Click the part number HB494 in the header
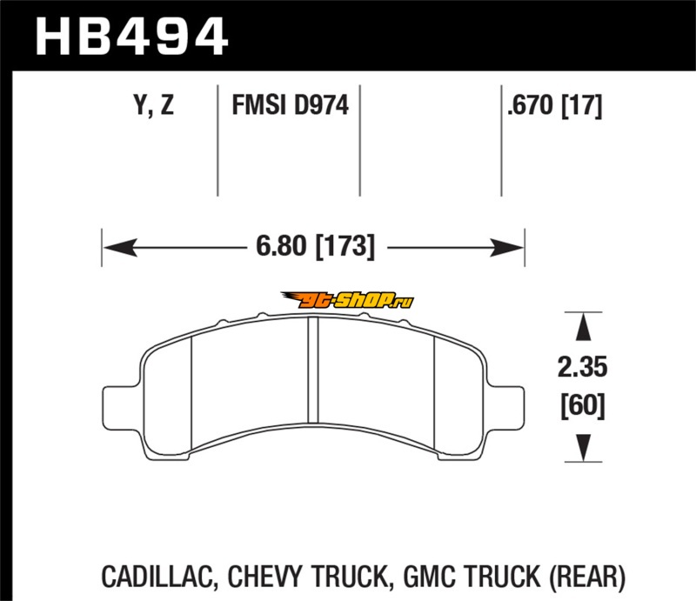(132, 37)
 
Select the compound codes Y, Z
(154, 105)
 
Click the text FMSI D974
(291, 105)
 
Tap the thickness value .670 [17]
(555, 105)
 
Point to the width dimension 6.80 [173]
(316, 246)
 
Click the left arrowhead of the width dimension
(120, 247)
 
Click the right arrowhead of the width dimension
(507, 247)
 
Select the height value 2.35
(582, 367)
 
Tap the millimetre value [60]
(583, 405)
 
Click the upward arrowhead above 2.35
(583, 327)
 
